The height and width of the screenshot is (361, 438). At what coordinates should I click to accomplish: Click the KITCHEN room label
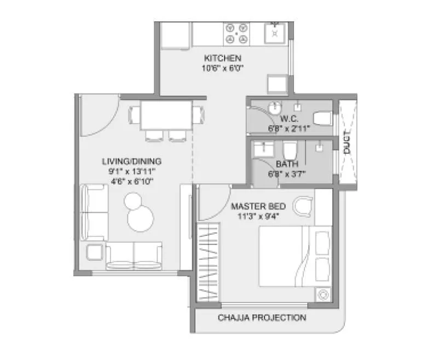pyautogui.click(x=222, y=59)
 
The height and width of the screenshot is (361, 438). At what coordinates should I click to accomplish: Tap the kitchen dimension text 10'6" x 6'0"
pyautogui.click(x=222, y=68)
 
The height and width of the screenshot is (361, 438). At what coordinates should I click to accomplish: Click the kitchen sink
pyautogui.click(x=273, y=33)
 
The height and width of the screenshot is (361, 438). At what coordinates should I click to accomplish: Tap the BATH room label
pyautogui.click(x=286, y=164)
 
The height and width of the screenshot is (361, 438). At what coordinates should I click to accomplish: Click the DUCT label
pyautogui.click(x=347, y=144)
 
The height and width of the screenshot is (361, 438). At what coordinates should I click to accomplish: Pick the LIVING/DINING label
pyautogui.click(x=131, y=161)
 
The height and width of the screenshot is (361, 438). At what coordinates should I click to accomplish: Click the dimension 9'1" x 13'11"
pyautogui.click(x=131, y=171)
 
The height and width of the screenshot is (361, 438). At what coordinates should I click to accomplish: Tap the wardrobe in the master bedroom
pyautogui.click(x=209, y=262)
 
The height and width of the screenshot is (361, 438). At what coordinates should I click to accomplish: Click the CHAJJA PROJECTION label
pyautogui.click(x=262, y=317)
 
